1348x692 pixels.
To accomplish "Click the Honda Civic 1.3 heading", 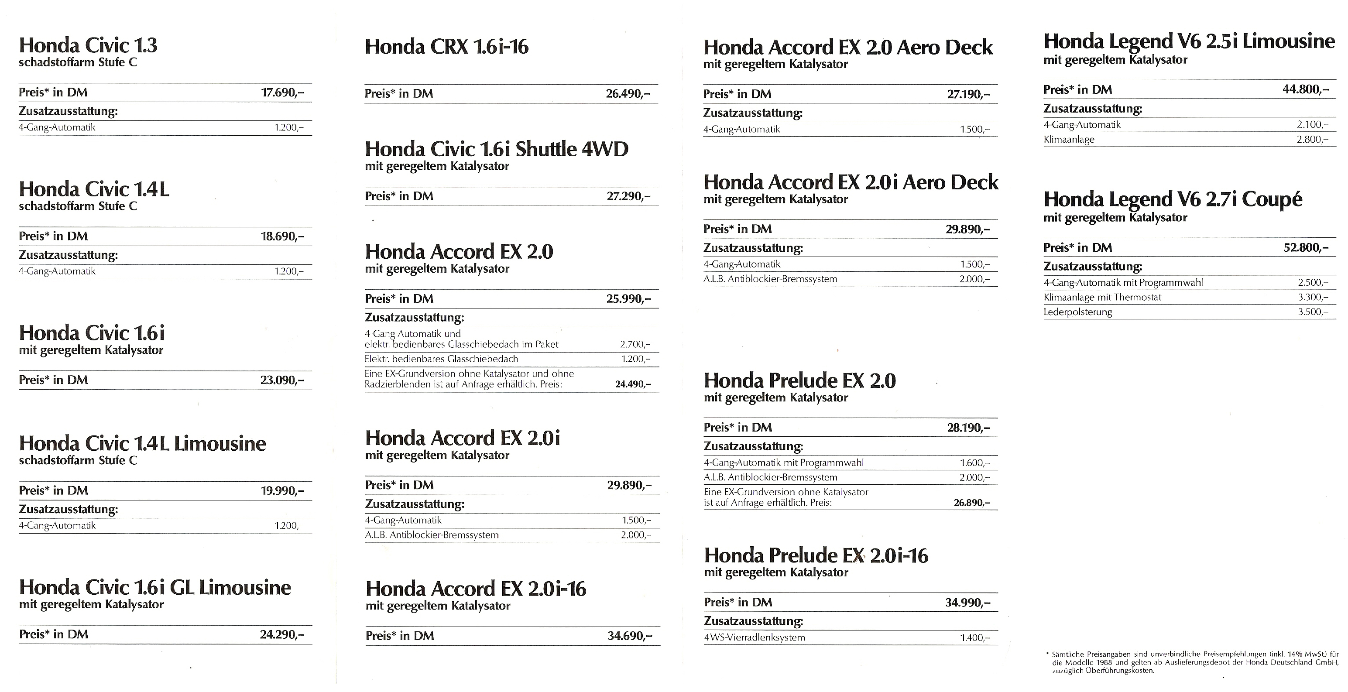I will click(x=88, y=45).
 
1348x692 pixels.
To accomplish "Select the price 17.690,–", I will click(x=282, y=93).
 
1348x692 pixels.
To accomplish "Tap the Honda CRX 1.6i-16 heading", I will click(x=446, y=47).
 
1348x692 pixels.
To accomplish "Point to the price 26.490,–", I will click(x=628, y=94).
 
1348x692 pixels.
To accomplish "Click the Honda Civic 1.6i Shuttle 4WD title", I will click(x=497, y=150).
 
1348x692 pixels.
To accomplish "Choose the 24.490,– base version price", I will click(x=633, y=384).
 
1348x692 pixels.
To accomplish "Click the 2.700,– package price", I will click(x=635, y=345).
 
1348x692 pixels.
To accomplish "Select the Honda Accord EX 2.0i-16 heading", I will click(x=476, y=589).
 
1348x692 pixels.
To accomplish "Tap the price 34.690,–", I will click(x=630, y=636).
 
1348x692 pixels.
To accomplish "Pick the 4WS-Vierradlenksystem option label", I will click(x=755, y=637).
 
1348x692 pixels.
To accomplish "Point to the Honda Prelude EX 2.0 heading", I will click(x=799, y=381).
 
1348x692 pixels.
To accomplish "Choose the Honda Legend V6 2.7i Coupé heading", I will click(x=1173, y=199).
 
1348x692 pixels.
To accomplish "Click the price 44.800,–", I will click(x=1305, y=89).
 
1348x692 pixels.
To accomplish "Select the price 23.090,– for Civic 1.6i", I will click(x=281, y=380).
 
